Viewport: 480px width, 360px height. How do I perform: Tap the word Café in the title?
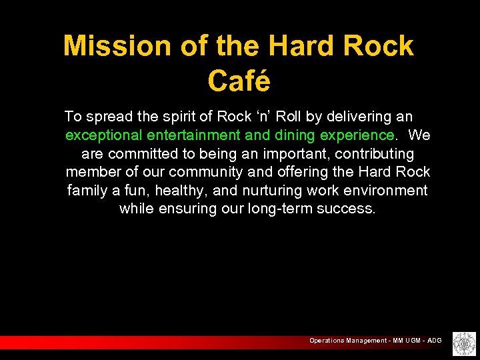239,81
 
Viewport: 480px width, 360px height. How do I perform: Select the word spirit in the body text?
190,117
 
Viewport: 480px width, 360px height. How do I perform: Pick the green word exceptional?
103,135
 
